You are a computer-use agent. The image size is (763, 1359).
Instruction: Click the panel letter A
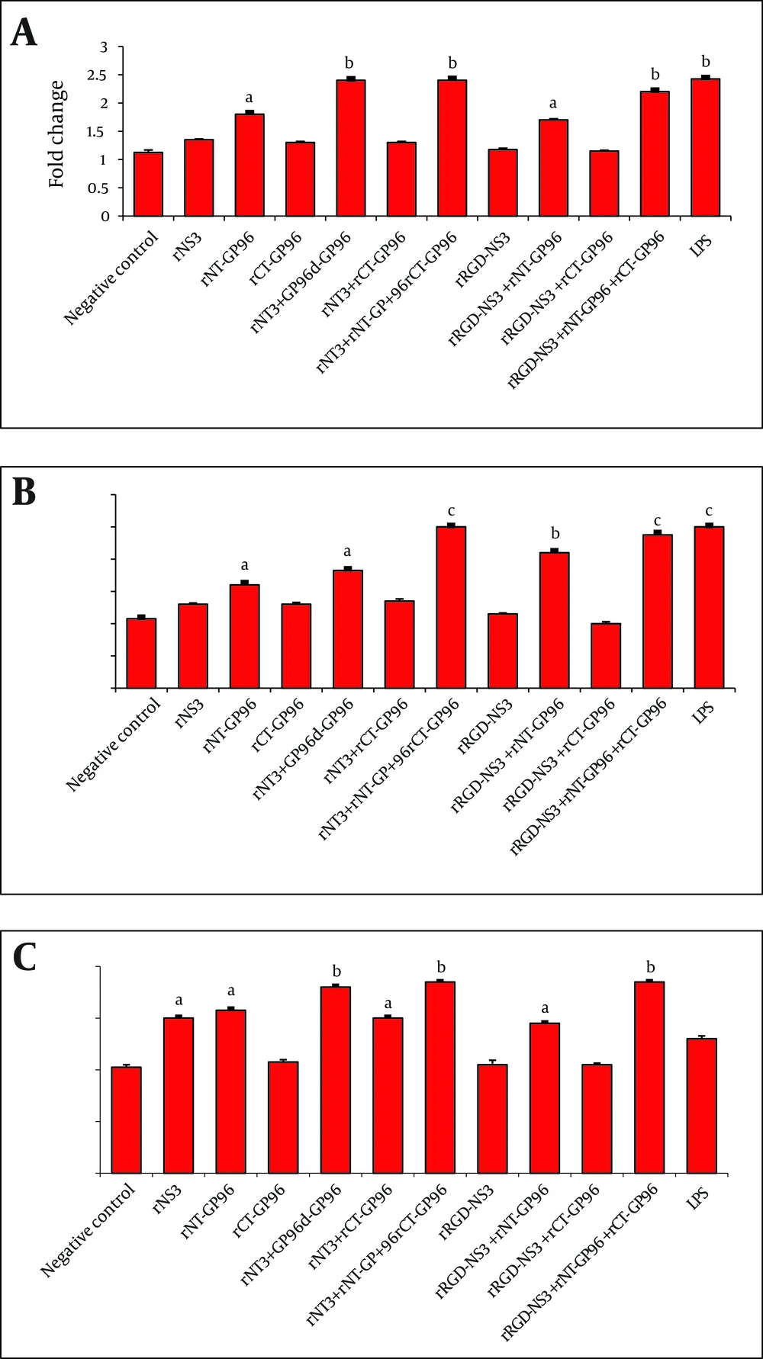[x=24, y=34]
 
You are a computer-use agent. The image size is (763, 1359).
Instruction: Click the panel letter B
[x=24, y=492]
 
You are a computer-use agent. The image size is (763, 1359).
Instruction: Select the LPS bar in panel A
[x=705, y=148]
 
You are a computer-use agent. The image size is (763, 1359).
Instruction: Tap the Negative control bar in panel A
[x=148, y=185]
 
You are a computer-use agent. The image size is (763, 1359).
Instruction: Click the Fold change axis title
[x=57, y=134]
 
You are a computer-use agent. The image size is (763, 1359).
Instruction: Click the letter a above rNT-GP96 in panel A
[x=249, y=98]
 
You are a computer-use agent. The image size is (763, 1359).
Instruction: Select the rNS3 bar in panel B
[x=193, y=646]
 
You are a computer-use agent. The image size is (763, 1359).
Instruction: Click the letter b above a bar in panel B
[x=555, y=534]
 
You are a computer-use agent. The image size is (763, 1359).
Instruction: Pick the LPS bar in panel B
[x=709, y=608]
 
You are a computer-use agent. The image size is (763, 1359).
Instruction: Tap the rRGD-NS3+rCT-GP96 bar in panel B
[x=606, y=656]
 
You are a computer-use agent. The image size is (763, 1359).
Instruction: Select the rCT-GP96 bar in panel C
[x=283, y=1117]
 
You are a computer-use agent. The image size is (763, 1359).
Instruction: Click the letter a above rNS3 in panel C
[x=179, y=1001]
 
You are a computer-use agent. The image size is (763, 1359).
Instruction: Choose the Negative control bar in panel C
[x=127, y=1120]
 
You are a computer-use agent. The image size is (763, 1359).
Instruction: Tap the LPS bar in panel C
[x=701, y=1106]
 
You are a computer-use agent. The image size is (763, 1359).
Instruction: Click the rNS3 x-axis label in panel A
[x=188, y=246]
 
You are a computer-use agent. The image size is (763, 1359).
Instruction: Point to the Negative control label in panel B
[x=114, y=744]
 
